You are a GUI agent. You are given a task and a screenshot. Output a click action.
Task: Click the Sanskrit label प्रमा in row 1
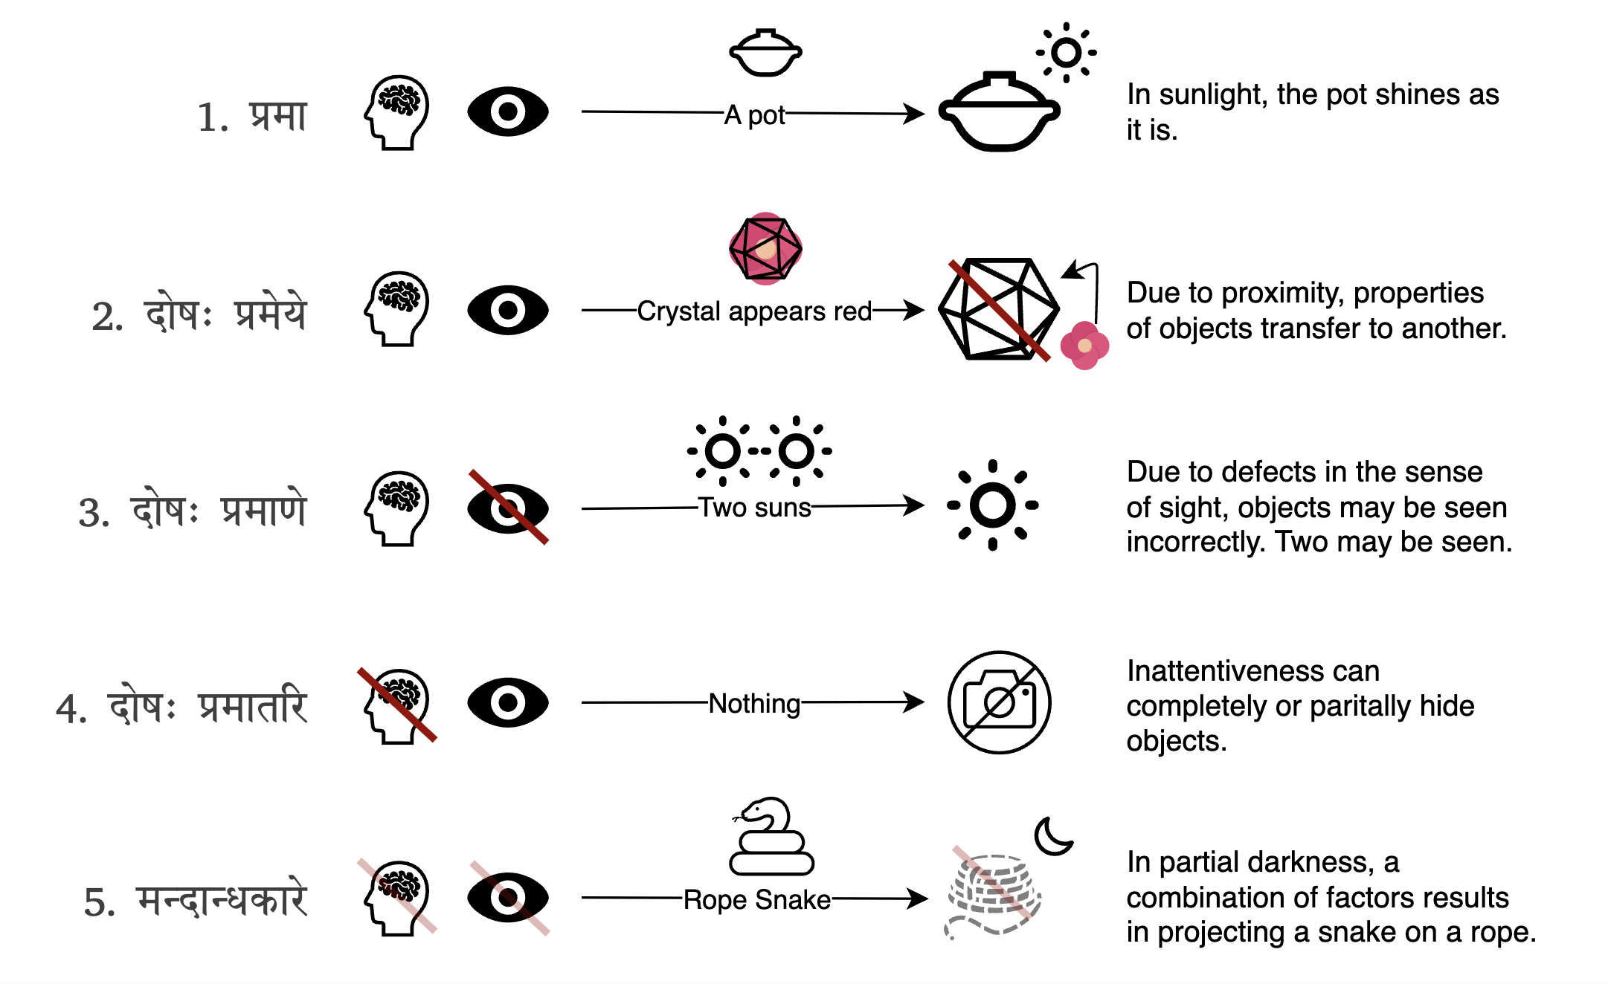277,117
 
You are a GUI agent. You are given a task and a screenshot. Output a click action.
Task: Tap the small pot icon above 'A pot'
765,53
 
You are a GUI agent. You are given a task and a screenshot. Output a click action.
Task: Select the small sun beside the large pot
1066,53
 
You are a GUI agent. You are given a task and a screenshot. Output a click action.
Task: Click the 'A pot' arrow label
754,115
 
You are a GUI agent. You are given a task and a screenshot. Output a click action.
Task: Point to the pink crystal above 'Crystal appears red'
765,249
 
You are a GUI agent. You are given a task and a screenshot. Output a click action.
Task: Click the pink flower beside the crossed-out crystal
1084,346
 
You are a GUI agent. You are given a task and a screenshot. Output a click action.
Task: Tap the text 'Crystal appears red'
754,311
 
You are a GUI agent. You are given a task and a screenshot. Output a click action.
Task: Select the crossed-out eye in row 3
508,508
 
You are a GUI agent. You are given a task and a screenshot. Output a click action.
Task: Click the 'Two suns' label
754,508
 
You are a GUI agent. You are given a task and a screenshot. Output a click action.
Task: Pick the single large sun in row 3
992,505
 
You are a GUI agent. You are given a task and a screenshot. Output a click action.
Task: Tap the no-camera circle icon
999,703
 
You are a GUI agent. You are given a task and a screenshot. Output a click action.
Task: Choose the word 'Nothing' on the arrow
754,703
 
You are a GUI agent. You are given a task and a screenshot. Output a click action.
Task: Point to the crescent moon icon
1052,836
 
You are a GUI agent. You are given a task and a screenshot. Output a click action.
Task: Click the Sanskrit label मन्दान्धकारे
222,901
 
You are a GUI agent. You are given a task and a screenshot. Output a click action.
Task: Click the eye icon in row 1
508,111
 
